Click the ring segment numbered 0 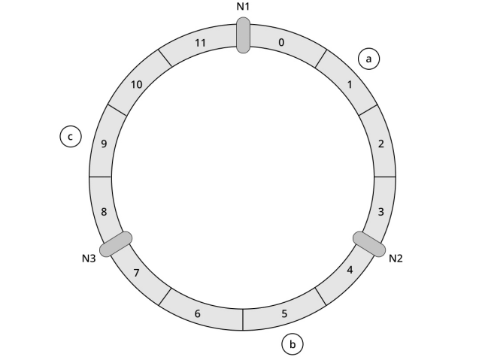[281, 43]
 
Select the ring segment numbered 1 [348, 84]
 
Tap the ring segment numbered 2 [381, 144]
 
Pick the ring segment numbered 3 [381, 212]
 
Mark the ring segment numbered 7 [137, 271]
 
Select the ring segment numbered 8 [104, 212]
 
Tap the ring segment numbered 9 [104, 144]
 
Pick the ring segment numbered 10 [137, 84]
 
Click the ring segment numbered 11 [200, 43]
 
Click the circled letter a [368, 59]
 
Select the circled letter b [293, 344]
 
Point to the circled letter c [70, 137]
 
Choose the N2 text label [396, 259]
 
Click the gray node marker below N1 [243, 35]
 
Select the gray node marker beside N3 [116, 244]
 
